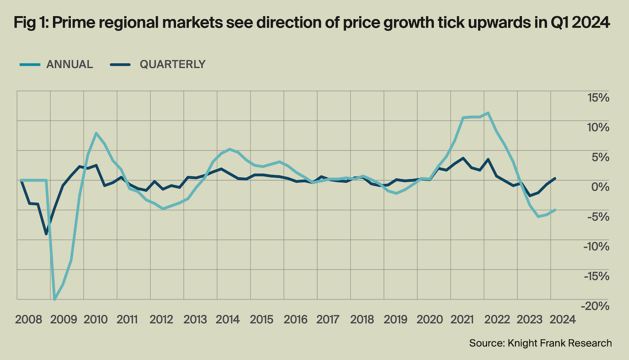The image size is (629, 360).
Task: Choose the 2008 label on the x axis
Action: click(x=29, y=320)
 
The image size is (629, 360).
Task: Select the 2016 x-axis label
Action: click(x=295, y=320)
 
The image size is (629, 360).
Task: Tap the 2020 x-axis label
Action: click(x=429, y=320)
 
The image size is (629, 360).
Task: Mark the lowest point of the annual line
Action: click(x=55, y=299)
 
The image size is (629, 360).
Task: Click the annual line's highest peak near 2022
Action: click(x=487, y=113)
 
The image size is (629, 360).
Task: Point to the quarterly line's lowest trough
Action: click(x=47, y=234)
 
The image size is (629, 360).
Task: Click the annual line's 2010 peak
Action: click(x=96, y=133)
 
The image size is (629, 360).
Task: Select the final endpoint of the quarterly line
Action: click(x=555, y=178)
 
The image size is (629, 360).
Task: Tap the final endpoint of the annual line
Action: click(x=555, y=210)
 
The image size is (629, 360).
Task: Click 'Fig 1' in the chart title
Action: click(x=27, y=23)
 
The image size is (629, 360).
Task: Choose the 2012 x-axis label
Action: click(x=162, y=320)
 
